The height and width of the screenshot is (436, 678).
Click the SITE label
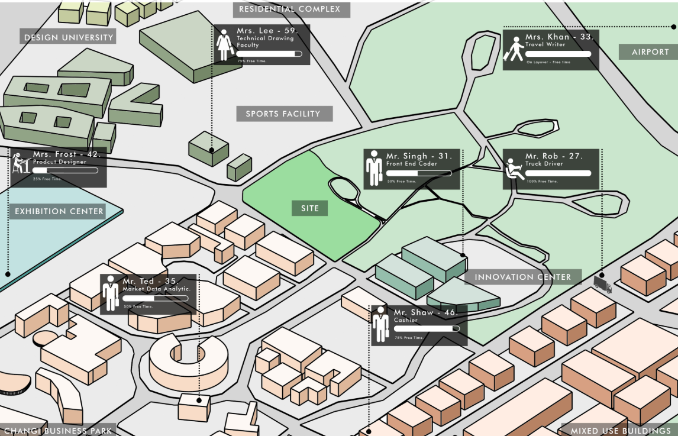pos(309,208)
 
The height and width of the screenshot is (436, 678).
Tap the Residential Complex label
pos(290,9)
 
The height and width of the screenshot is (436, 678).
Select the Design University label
pos(68,37)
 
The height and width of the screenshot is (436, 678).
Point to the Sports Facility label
pos(283,114)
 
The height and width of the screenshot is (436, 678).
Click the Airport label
pos(650,52)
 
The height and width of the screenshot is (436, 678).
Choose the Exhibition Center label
pos(59,211)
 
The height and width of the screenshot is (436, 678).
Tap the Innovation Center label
pos(523,277)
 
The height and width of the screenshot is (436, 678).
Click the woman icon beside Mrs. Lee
pos(224,46)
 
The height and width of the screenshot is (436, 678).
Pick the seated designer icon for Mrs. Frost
pos(21,163)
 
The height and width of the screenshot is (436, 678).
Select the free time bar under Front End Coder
pos(418,173)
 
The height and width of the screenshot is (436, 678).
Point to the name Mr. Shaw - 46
pos(424,312)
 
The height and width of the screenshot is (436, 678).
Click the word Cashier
pos(406,320)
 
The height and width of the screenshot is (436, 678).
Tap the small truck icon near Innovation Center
pos(602,286)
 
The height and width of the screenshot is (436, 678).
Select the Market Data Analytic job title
pos(156,289)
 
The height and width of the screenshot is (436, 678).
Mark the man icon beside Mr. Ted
pos(110,293)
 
